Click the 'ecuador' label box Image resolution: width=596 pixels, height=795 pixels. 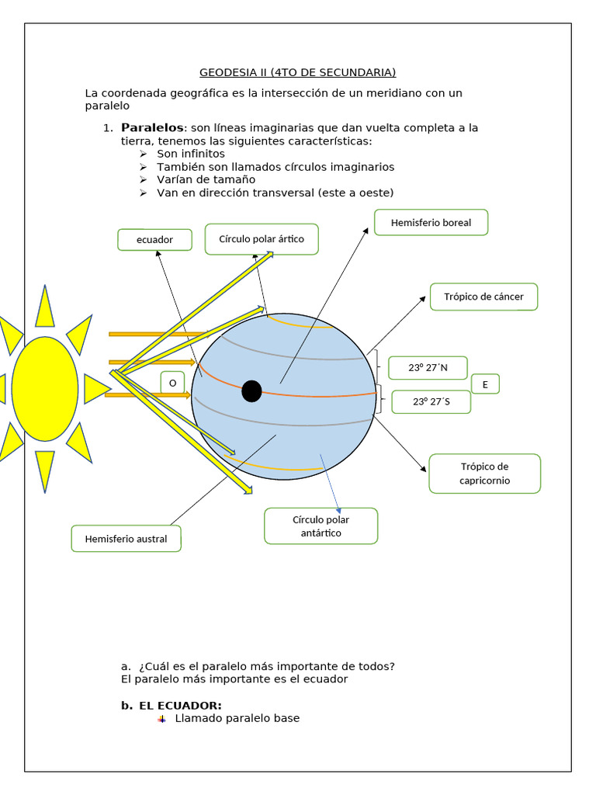click(154, 240)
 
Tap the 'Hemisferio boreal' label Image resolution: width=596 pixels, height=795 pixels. click(431, 223)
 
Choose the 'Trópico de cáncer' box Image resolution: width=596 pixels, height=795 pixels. click(483, 297)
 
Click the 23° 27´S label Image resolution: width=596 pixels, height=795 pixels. click(431, 401)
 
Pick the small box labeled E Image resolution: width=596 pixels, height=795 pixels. click(485, 384)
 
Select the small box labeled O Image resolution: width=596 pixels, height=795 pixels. click(172, 384)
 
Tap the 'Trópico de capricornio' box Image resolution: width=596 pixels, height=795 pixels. click(484, 474)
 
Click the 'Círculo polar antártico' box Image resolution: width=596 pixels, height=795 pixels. click(321, 526)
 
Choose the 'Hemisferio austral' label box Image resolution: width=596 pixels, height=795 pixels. click(126, 538)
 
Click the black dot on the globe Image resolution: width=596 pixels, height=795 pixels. click(251, 391)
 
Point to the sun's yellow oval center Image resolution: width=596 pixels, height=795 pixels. click(45, 388)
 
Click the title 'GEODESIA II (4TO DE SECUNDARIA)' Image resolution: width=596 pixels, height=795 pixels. click(297, 72)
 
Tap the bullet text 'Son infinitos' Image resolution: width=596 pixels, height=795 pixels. click(191, 154)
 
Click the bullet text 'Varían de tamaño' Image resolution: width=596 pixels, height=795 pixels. click(206, 179)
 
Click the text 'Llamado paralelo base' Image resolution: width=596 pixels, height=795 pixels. click(237, 718)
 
